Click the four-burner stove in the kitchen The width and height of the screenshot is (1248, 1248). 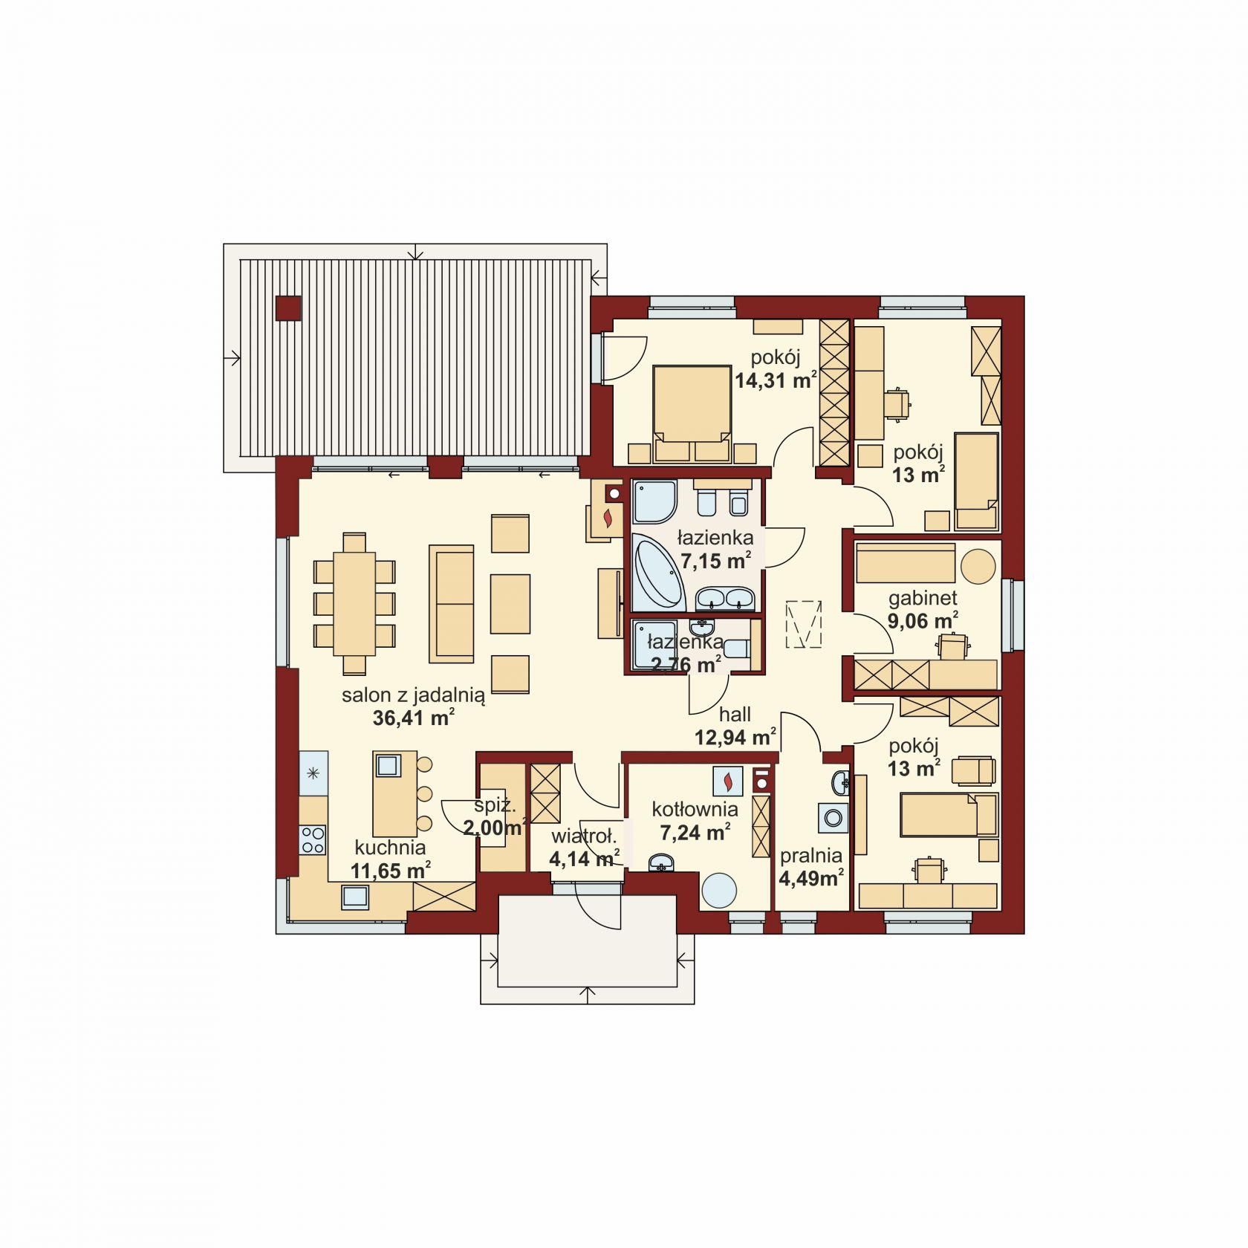pos(313,839)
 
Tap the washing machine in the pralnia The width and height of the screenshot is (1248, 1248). pos(833,818)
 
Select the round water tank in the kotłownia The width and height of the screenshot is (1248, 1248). pos(719,890)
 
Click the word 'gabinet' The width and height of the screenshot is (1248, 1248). pos(923,598)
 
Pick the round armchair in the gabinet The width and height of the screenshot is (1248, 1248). pos(978,566)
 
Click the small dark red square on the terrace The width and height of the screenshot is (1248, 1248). pos(288,308)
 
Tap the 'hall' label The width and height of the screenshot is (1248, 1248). pos(735,715)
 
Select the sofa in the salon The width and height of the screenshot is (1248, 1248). pos(451,604)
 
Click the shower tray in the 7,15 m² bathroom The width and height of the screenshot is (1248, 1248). pos(654,502)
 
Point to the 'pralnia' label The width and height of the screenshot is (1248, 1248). pos(810,856)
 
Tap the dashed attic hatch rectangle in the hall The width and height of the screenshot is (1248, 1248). pos(804,623)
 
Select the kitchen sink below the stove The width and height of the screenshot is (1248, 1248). pos(355,897)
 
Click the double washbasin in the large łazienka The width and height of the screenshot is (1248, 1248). pos(725,598)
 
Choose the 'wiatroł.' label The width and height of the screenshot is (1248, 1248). pos(584,837)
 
